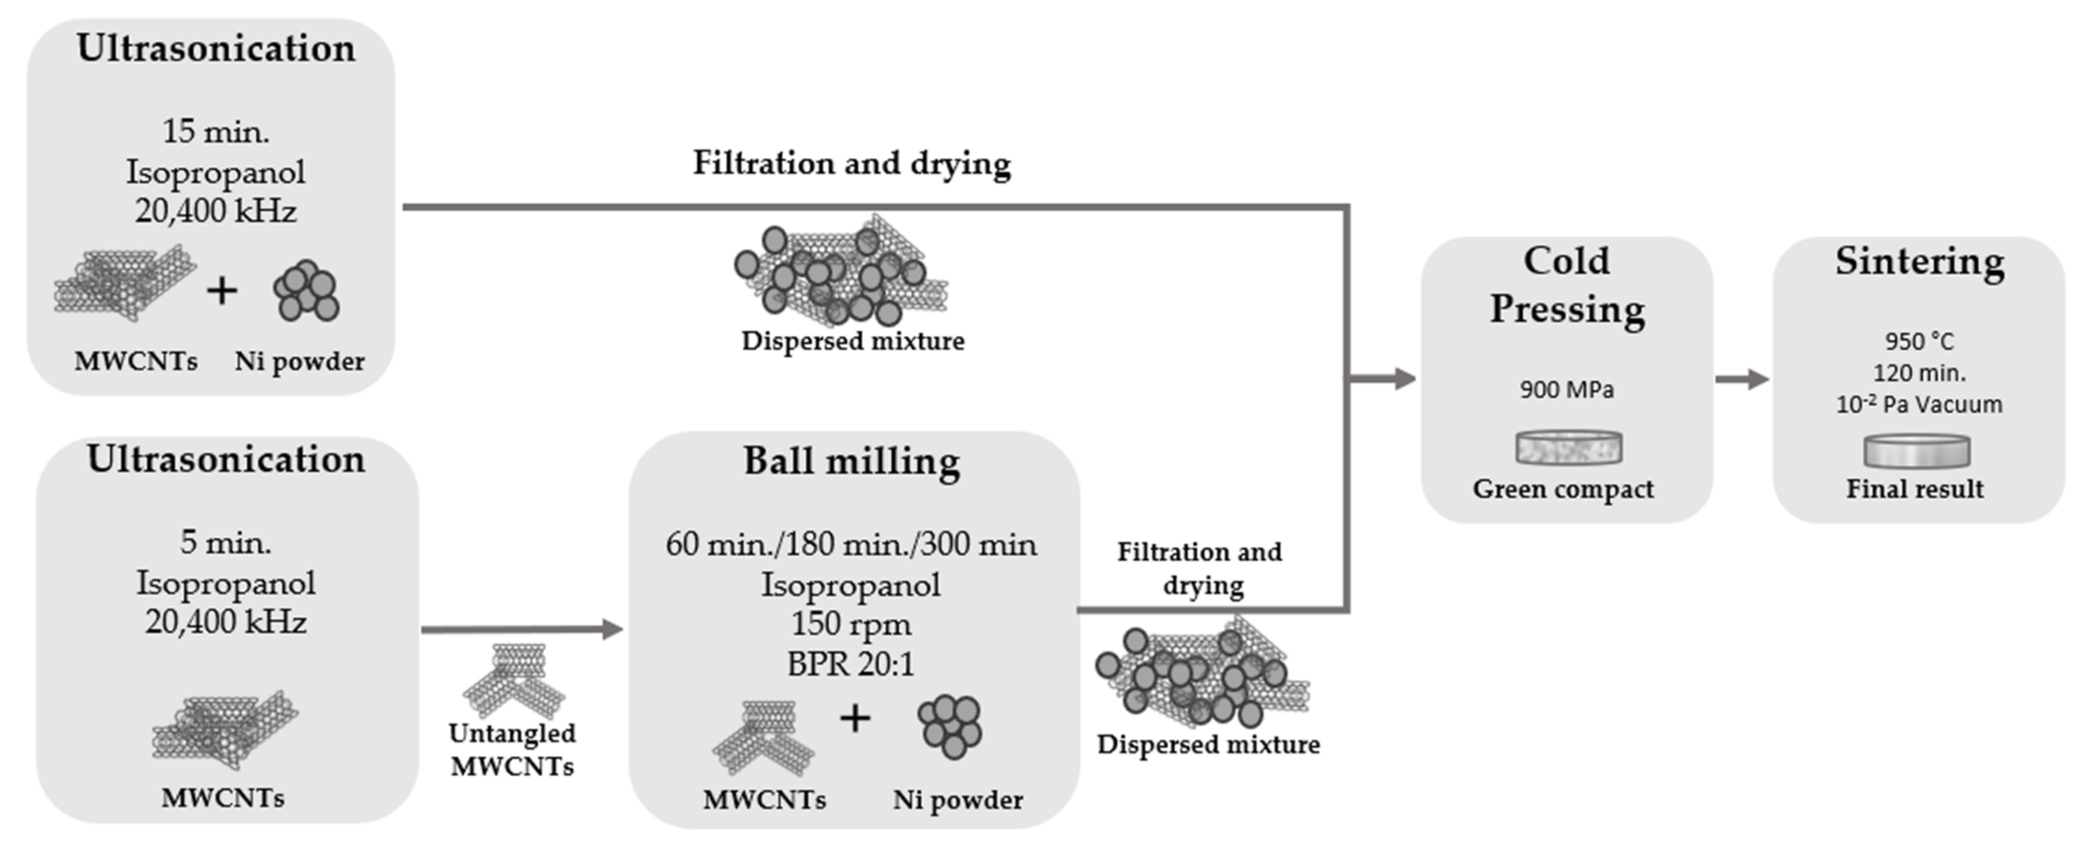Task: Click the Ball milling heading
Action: [x=852, y=462]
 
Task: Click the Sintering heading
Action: [x=1919, y=261]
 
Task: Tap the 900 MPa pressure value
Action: [x=1566, y=390]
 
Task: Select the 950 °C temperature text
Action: [x=1919, y=341]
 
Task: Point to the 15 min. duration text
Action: [x=216, y=131]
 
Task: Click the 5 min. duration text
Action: [x=225, y=542]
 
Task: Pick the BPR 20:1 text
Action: [x=851, y=664]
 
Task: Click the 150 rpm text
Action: [x=851, y=624]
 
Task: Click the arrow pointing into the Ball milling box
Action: [x=522, y=629]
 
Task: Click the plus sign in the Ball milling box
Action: [x=855, y=718]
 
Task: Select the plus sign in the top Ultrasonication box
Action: [x=221, y=290]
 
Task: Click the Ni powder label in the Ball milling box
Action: [x=957, y=800]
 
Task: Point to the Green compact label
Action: [x=1563, y=489]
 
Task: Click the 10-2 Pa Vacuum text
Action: [x=1919, y=405]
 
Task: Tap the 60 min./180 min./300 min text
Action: [x=851, y=544]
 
